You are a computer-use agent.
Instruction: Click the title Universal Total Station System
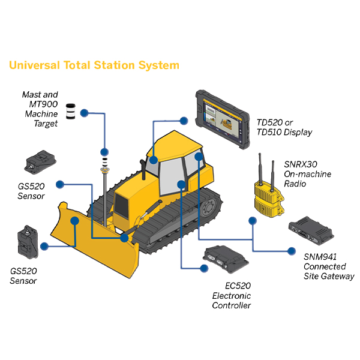(x=94, y=65)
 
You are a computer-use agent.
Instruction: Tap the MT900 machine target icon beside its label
(x=71, y=112)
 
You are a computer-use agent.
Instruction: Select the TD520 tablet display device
(x=223, y=119)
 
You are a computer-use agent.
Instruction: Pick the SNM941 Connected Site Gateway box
(x=311, y=230)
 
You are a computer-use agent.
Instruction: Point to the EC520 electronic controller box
(x=226, y=259)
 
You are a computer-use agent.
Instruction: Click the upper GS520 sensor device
(x=40, y=162)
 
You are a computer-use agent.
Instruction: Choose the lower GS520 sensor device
(x=28, y=242)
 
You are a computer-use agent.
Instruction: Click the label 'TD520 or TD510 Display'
(x=284, y=127)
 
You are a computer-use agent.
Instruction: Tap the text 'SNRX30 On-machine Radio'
(x=307, y=174)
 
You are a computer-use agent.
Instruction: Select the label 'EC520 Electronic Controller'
(x=232, y=295)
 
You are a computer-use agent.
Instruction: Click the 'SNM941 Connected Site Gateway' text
(x=329, y=266)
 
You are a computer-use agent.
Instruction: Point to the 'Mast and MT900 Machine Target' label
(x=40, y=109)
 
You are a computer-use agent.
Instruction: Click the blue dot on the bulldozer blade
(x=75, y=221)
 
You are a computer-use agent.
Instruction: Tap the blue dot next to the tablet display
(x=184, y=121)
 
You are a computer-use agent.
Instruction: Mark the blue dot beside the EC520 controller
(x=204, y=268)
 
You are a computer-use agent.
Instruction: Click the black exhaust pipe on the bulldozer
(x=143, y=169)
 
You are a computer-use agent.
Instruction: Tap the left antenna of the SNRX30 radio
(x=260, y=169)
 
